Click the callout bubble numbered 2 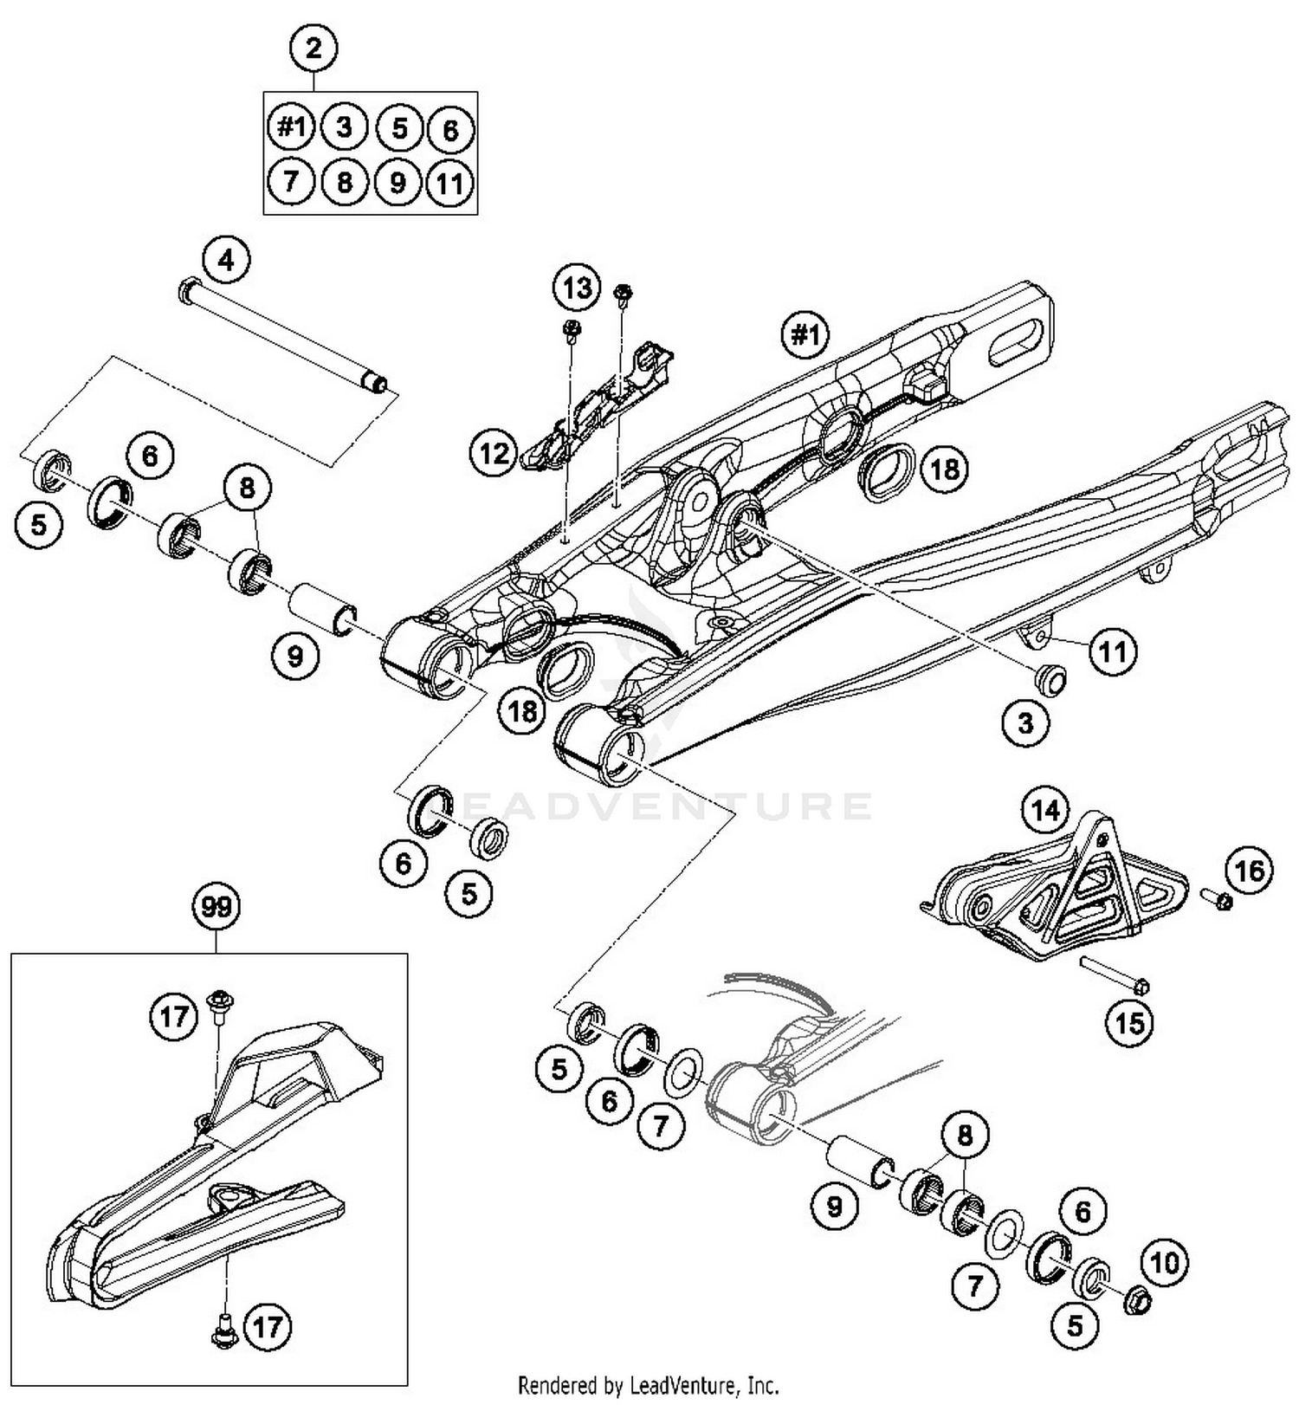click(313, 49)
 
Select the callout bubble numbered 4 click(226, 259)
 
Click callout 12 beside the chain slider click(494, 452)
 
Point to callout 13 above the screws click(577, 288)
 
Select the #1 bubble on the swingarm click(805, 334)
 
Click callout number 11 click(1113, 650)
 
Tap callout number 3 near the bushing click(1025, 722)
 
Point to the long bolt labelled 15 click(1113, 974)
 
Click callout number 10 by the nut click(1165, 1263)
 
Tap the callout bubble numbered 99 click(216, 907)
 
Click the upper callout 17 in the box click(173, 1014)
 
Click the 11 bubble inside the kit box click(449, 184)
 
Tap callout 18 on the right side click(944, 469)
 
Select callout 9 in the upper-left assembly click(295, 656)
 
